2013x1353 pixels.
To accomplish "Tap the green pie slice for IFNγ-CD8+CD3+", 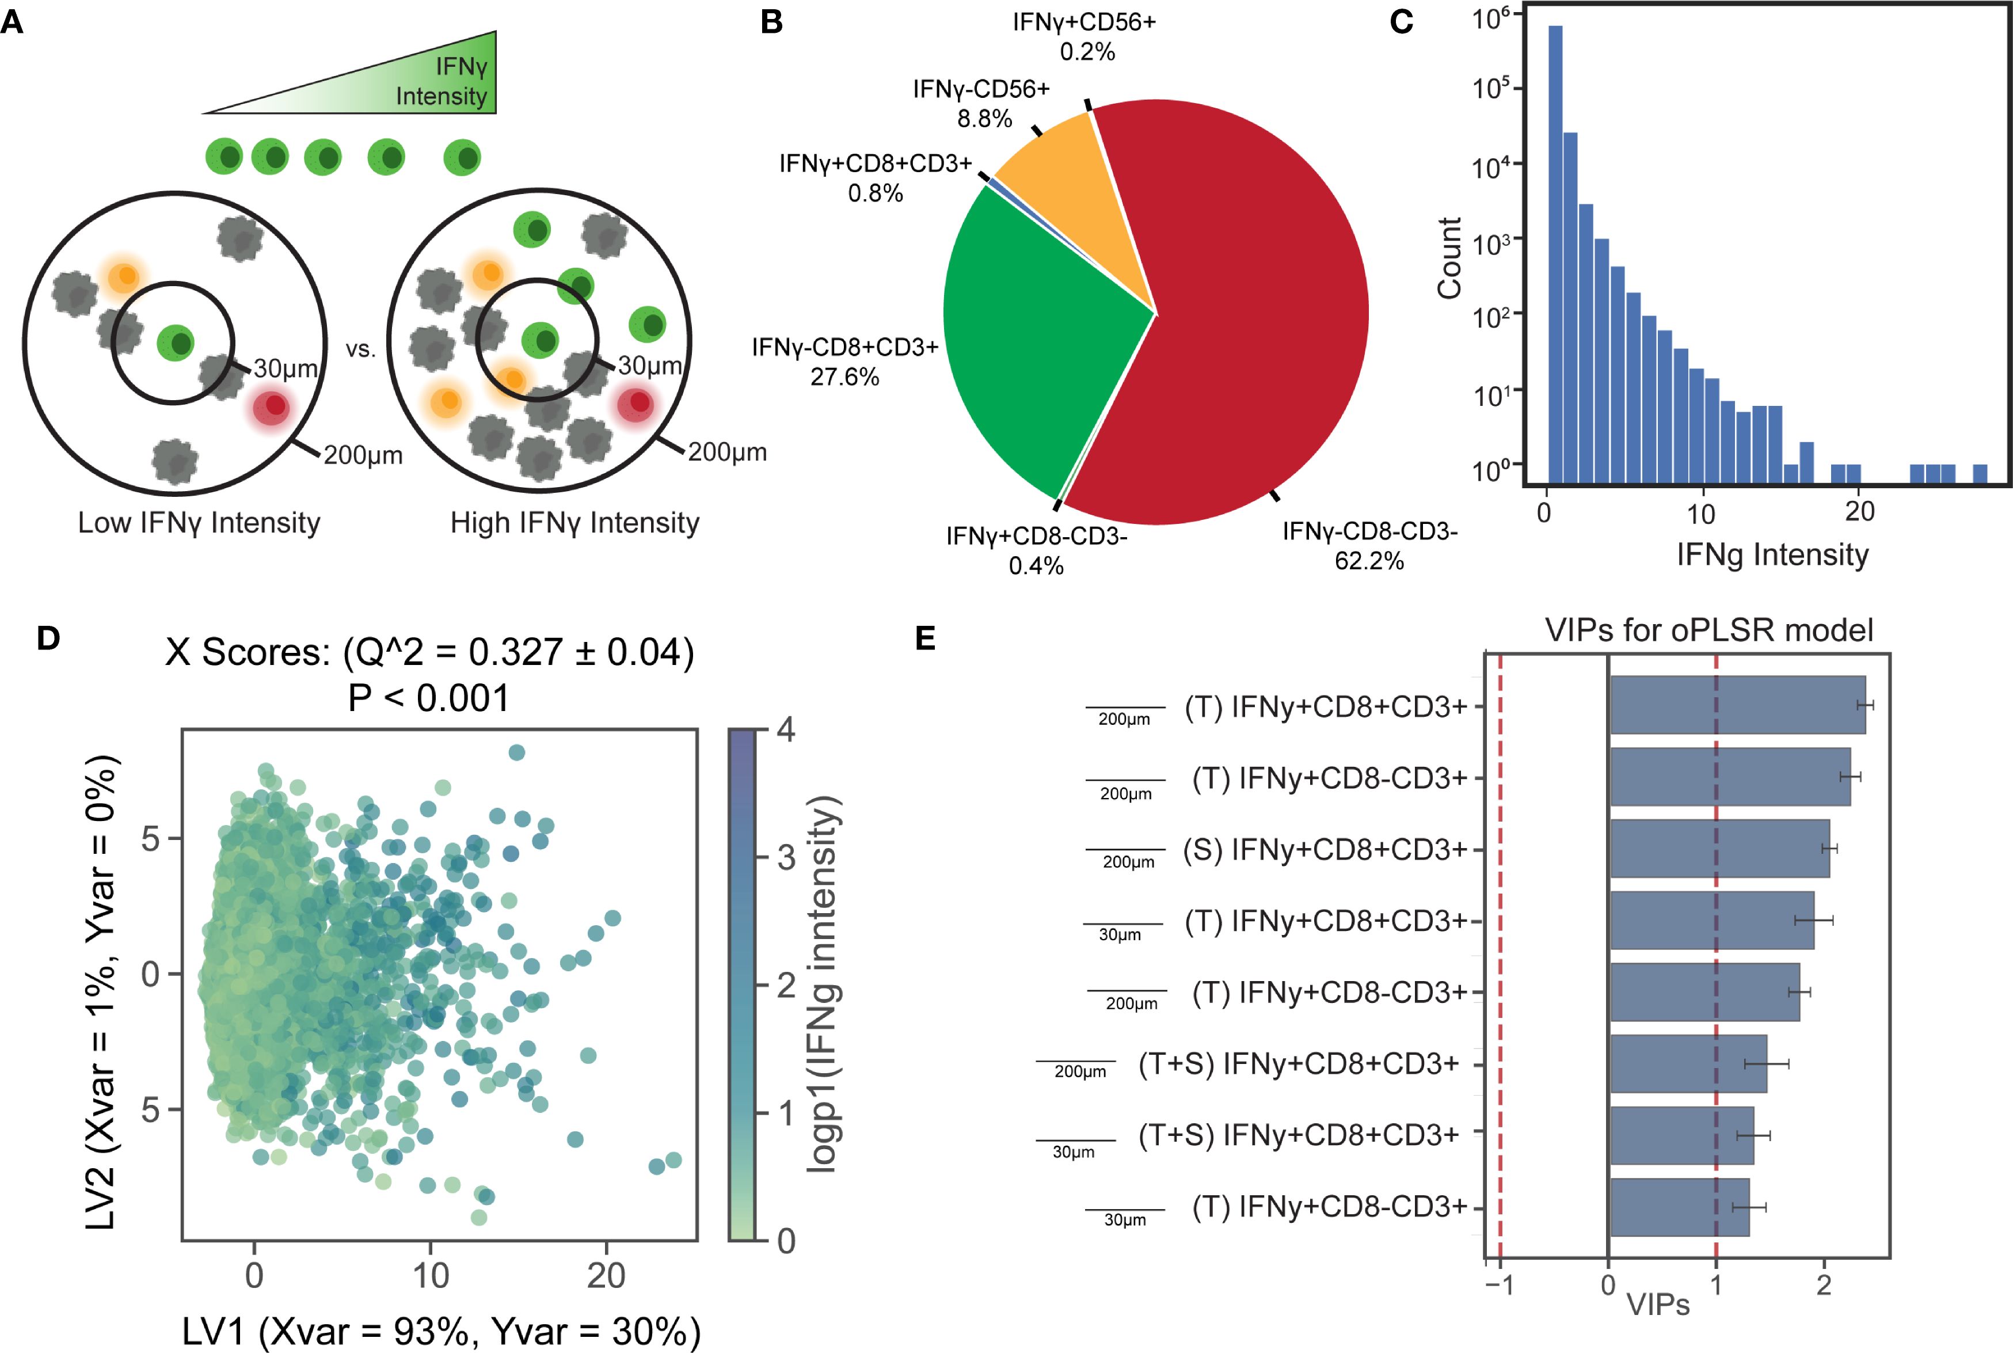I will click(1035, 345).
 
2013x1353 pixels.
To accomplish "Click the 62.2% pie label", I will click(1369, 561).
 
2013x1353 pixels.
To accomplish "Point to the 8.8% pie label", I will click(984, 118).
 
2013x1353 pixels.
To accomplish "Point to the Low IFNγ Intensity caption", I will click(199, 523).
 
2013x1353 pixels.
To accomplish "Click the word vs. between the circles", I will click(360, 349).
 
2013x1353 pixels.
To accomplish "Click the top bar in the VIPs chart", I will click(1737, 705).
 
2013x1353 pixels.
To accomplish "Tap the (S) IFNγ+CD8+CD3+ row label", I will click(1325, 850).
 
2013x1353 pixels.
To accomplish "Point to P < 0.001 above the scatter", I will click(429, 698).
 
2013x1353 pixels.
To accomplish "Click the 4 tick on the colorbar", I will click(785, 730).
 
